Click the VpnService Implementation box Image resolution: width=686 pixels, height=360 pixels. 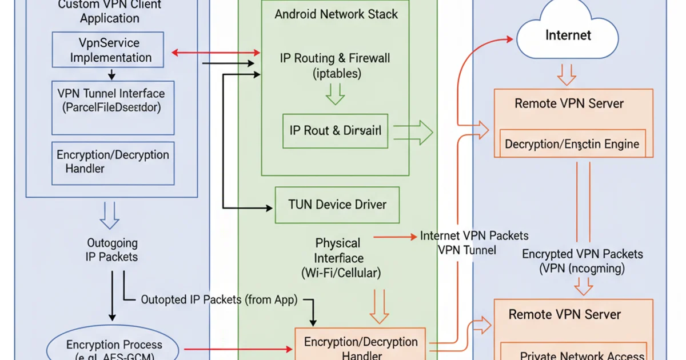[x=108, y=50]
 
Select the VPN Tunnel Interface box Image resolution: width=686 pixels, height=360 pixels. [x=113, y=107]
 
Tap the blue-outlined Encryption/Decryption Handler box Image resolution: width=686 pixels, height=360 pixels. [x=113, y=162]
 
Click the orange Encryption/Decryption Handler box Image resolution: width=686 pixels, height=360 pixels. [x=360, y=345]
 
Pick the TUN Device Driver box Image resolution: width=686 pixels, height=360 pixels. [x=337, y=205]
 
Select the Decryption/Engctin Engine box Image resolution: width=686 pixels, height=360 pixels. [x=572, y=143]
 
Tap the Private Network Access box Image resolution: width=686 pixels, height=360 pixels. [x=573, y=353]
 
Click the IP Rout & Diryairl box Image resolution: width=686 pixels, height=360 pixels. [x=335, y=130]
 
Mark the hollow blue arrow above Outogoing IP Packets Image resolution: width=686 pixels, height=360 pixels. [x=109, y=215]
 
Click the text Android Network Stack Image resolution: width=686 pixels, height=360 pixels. [x=336, y=14]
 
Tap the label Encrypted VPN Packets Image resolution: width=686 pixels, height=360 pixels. [x=582, y=254]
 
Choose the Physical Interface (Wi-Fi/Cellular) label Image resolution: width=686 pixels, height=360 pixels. [x=340, y=258]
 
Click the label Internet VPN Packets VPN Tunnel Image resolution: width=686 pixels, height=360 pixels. [x=474, y=242]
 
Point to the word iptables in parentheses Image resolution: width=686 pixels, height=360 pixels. [x=337, y=73]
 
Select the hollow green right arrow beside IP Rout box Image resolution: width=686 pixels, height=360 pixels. [x=414, y=133]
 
